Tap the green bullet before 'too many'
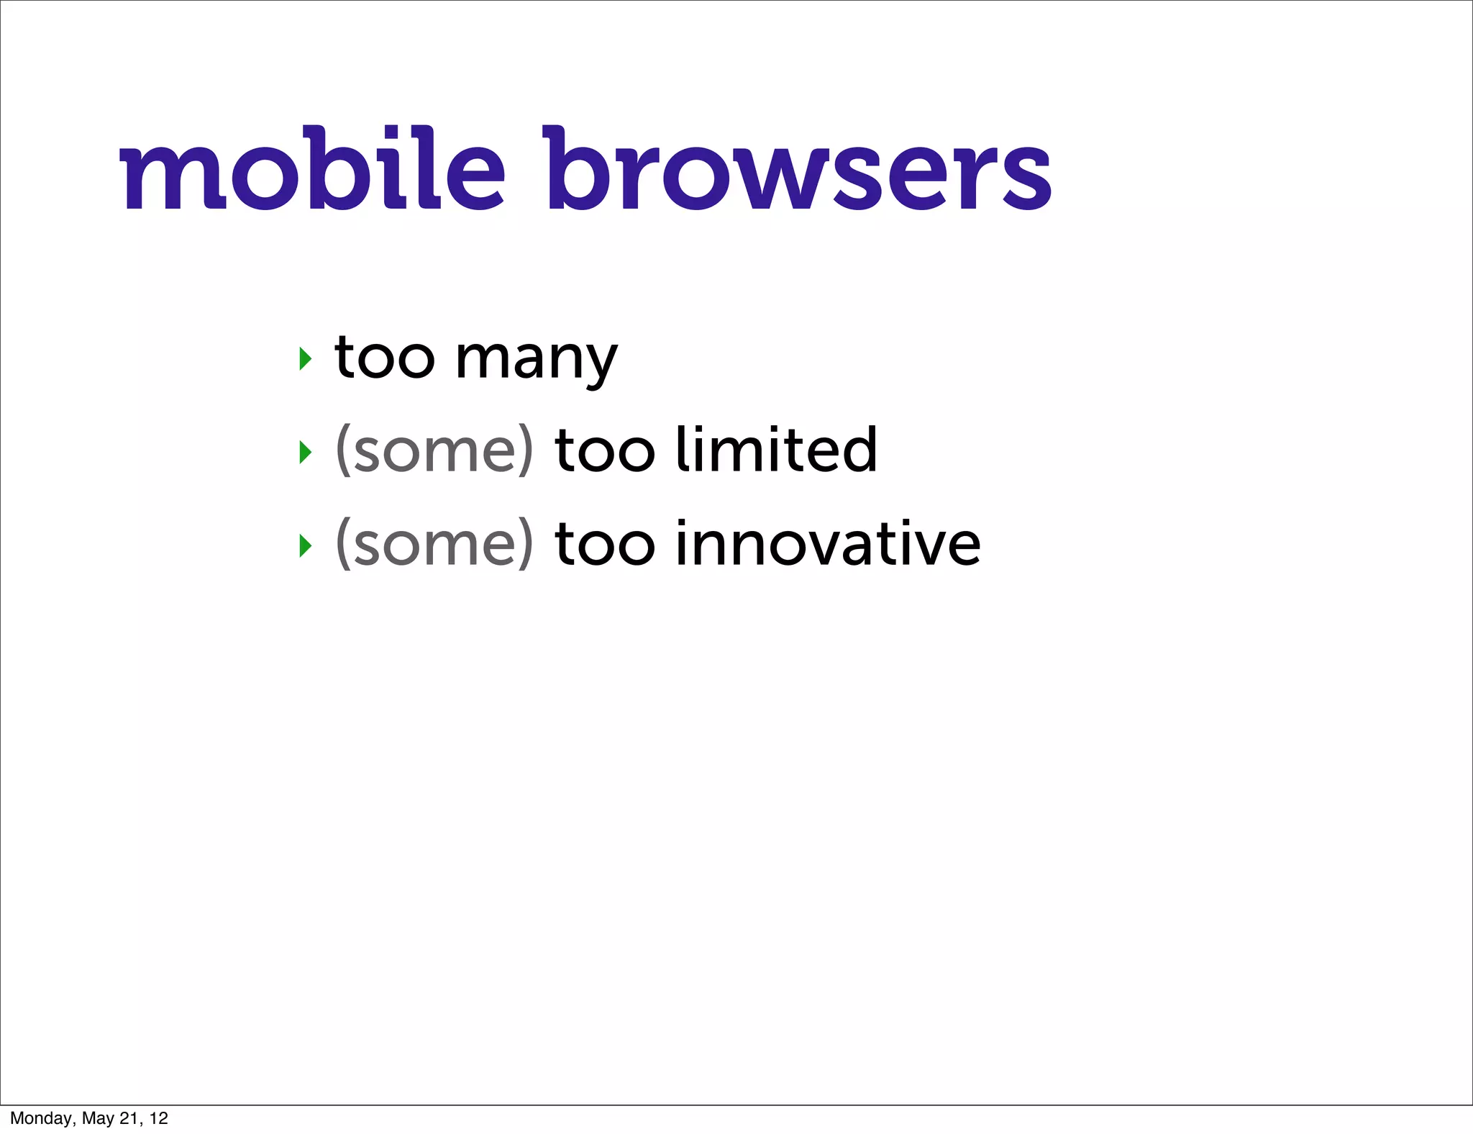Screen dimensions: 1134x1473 click(x=306, y=358)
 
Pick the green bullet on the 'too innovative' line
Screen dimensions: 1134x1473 click(x=306, y=546)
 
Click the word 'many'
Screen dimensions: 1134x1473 click(x=536, y=360)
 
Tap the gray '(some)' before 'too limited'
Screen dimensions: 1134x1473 click(x=434, y=451)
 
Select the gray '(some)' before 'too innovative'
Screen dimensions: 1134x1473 click(x=434, y=545)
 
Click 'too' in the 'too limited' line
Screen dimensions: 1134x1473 click(x=605, y=451)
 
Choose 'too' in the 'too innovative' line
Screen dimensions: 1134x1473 click(x=605, y=545)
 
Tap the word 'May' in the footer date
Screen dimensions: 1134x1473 click(x=98, y=1118)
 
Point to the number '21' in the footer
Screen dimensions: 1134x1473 click(x=130, y=1118)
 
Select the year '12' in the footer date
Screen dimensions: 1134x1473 click(x=159, y=1118)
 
